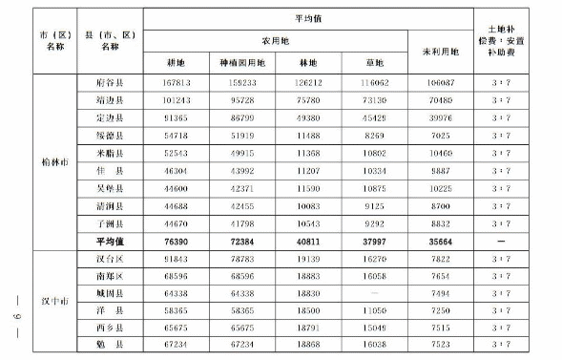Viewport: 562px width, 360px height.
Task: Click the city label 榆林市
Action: (x=47, y=160)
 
